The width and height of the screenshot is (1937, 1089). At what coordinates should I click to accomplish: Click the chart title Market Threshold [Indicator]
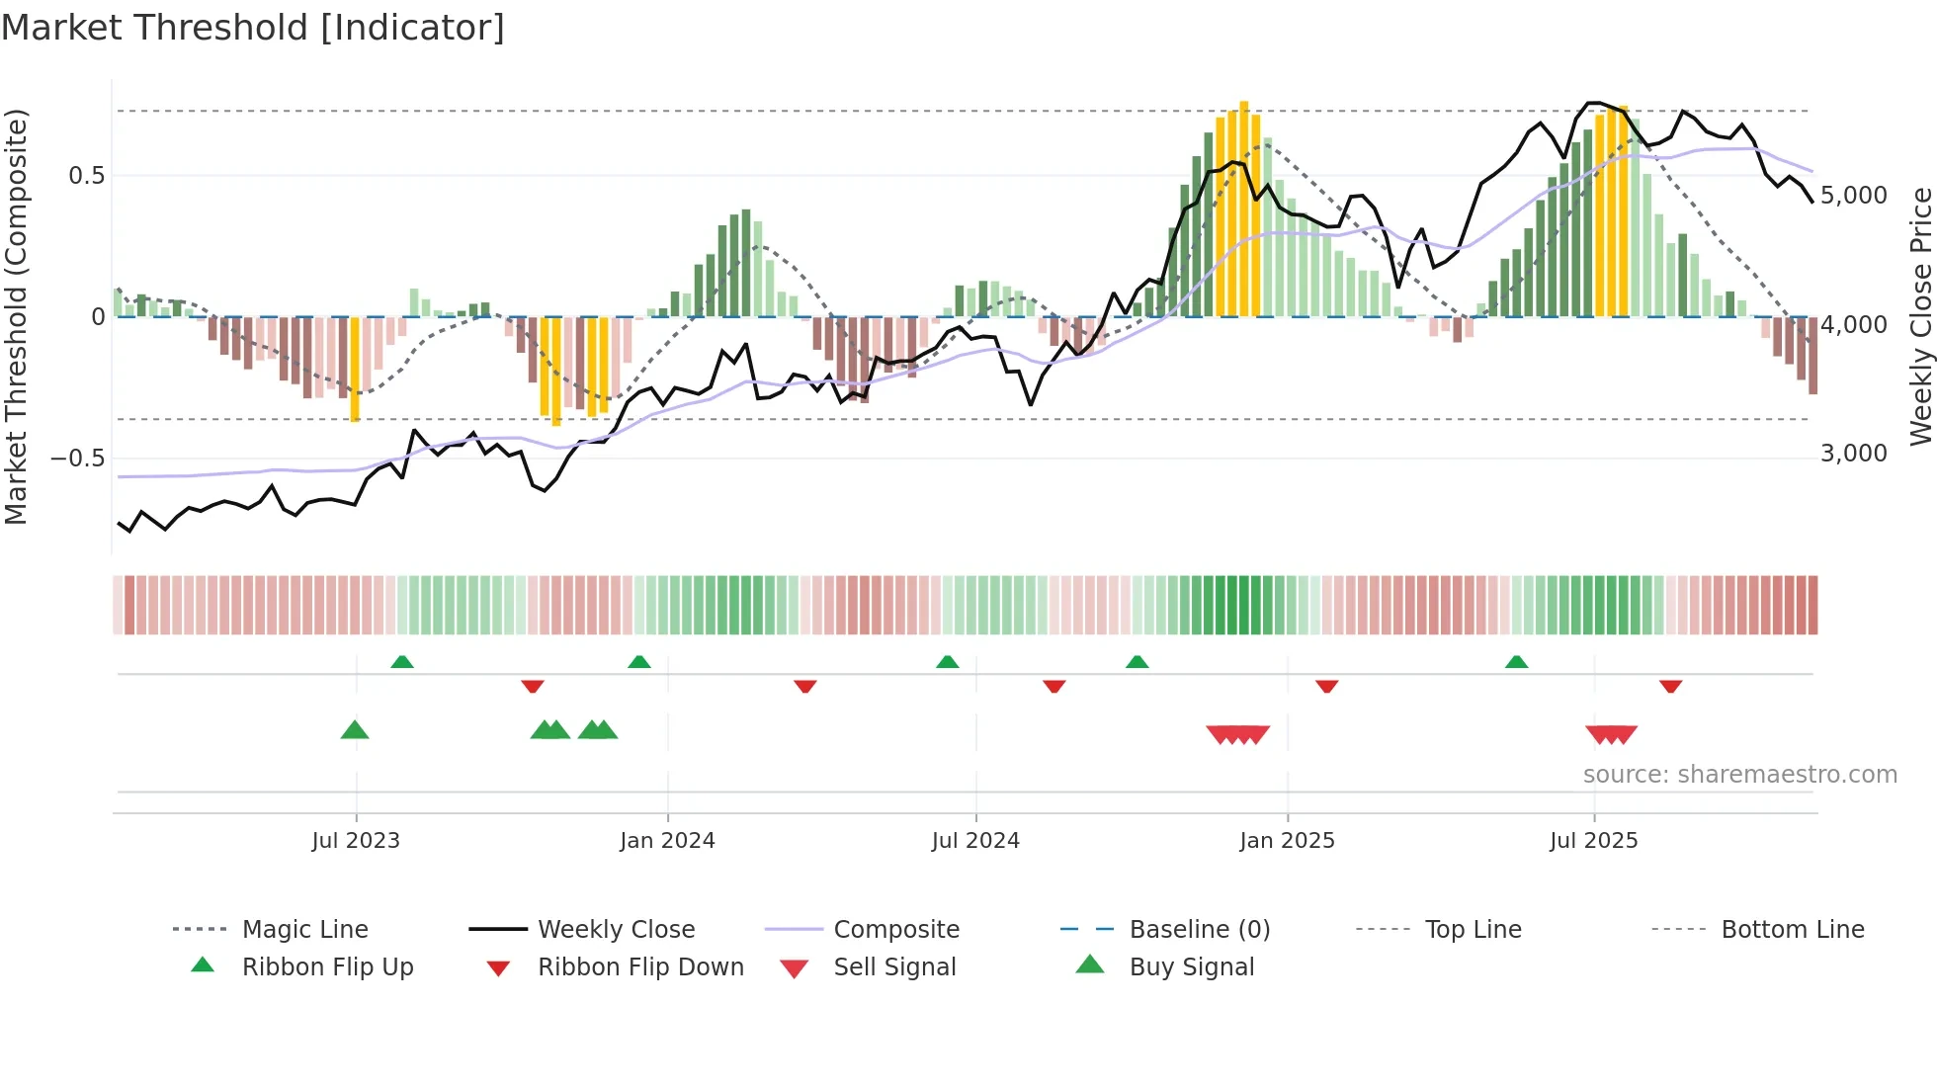tap(253, 28)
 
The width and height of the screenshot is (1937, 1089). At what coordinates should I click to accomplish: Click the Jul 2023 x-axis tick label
tap(356, 841)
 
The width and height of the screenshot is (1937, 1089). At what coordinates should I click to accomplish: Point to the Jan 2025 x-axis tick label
tap(1287, 841)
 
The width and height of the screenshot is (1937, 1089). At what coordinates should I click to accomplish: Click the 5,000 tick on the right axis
tap(1853, 196)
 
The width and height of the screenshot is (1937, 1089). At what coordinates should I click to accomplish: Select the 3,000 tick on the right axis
tap(1853, 454)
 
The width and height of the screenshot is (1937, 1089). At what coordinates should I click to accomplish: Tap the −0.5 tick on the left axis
tap(77, 459)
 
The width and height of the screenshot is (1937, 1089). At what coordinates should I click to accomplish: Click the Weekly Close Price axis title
tap(1920, 316)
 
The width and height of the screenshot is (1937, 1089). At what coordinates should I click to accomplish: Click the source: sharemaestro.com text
tap(1739, 775)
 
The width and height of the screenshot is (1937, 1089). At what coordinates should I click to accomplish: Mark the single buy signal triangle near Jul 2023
tap(355, 730)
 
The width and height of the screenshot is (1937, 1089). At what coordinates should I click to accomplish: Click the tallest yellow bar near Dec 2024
tap(1244, 208)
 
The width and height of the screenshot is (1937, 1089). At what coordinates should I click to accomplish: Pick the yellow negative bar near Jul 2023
tap(355, 368)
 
